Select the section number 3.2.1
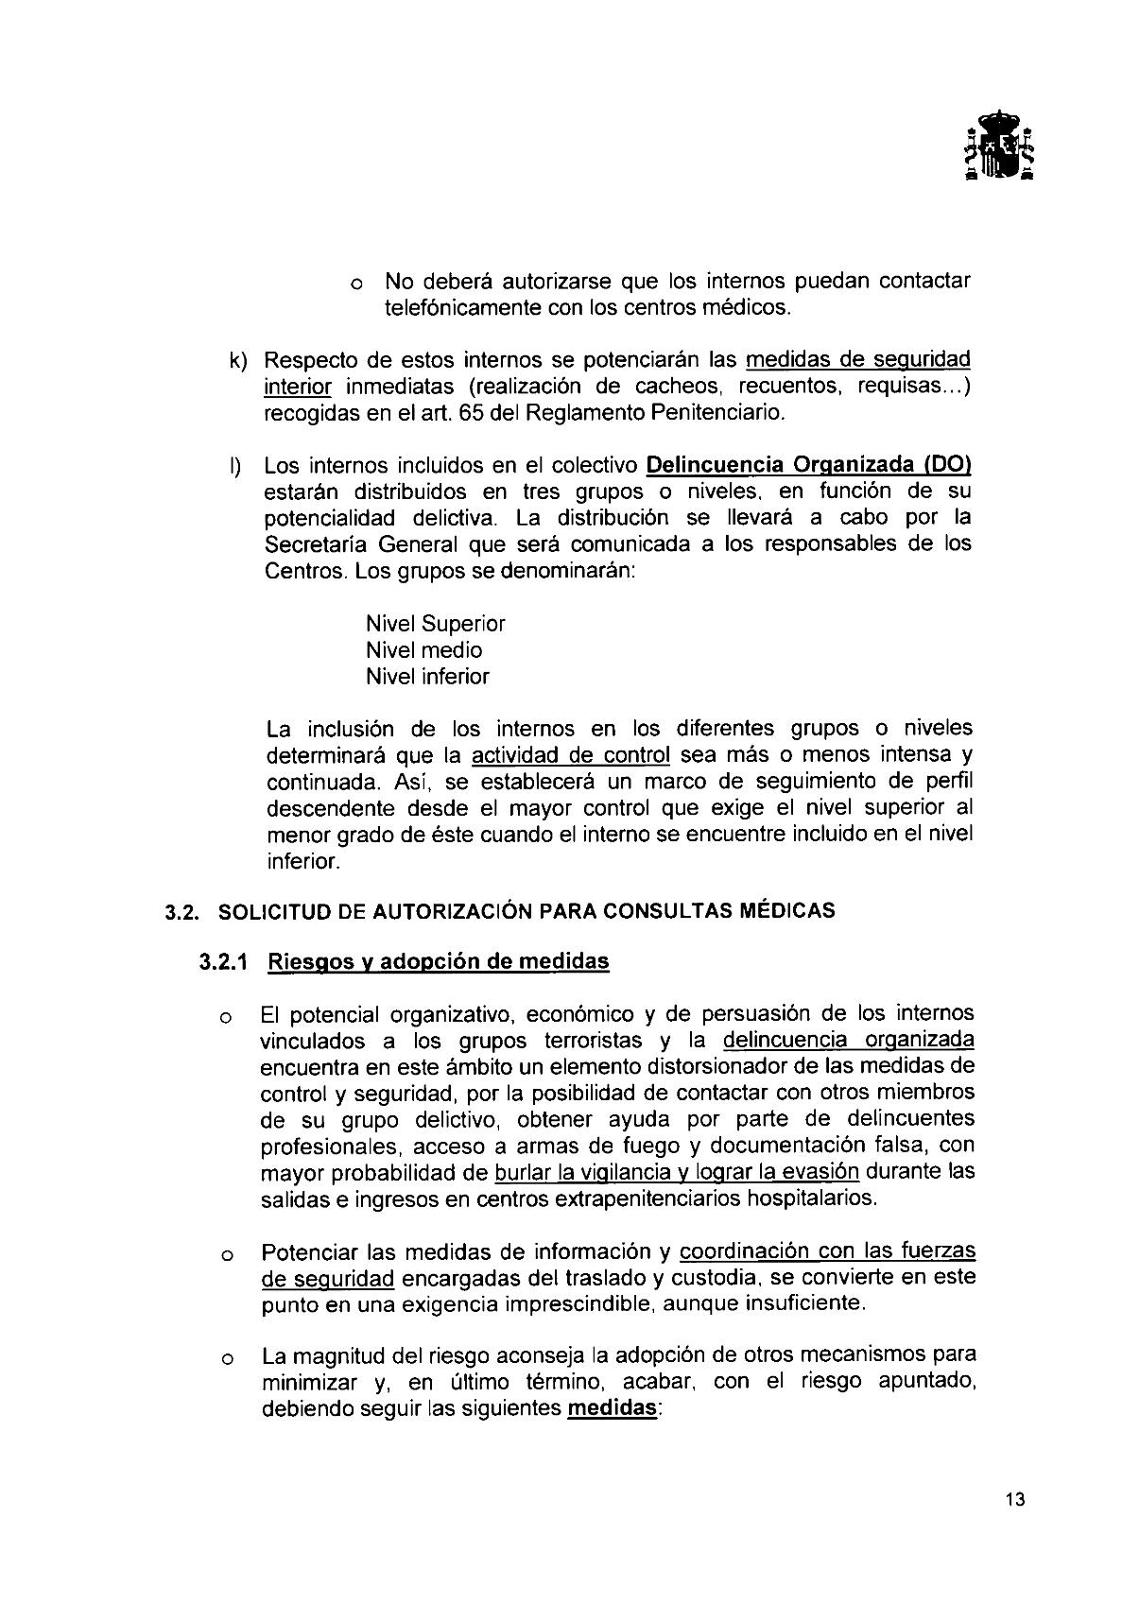point(222,962)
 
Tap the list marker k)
point(236,361)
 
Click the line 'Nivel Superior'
point(435,624)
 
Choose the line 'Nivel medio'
point(423,650)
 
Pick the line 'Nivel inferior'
point(427,677)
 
